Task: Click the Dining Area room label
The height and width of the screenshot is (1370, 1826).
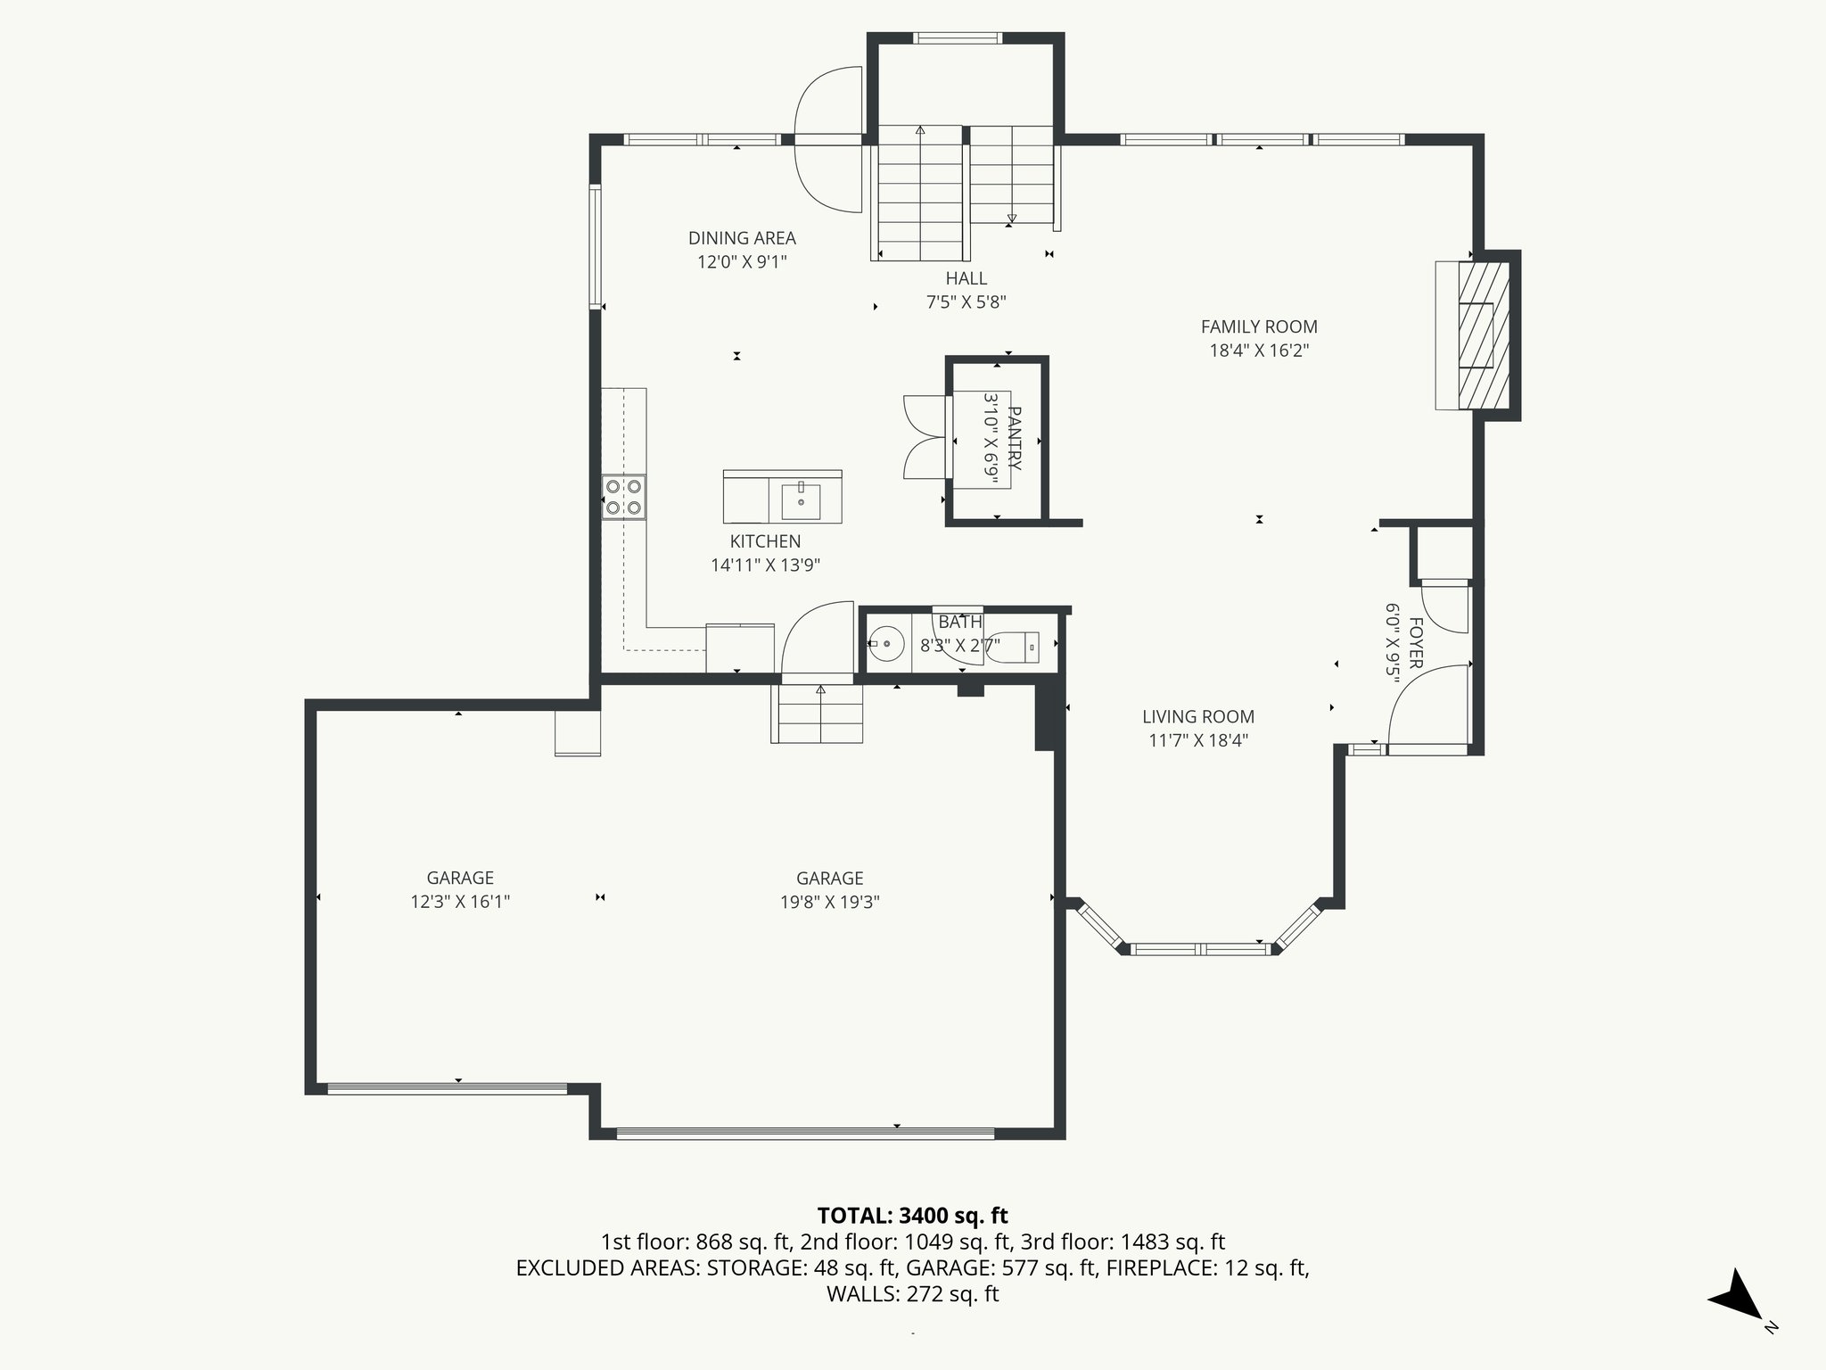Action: (x=742, y=238)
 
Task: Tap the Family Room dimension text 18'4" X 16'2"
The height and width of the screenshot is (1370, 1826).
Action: (x=1259, y=351)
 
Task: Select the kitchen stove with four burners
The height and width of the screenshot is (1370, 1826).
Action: (x=623, y=498)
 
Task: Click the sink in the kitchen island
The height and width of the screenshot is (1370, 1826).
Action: (x=801, y=501)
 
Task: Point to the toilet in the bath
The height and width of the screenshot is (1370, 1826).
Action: (x=1016, y=646)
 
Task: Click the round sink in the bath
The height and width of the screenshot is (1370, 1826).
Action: (x=886, y=643)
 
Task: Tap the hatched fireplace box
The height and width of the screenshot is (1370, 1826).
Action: (x=1482, y=335)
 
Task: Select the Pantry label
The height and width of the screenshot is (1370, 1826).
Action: (x=1015, y=439)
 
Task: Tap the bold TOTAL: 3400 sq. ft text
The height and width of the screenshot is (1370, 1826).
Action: (x=912, y=1216)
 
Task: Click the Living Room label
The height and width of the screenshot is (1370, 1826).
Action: (x=1198, y=716)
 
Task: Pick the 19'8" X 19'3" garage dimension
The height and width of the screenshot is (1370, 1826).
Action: (x=829, y=902)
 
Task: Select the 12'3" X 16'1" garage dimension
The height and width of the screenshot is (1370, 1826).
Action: (x=460, y=902)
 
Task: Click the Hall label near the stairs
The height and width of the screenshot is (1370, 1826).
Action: (x=966, y=278)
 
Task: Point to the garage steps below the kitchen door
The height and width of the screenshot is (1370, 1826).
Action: (x=818, y=713)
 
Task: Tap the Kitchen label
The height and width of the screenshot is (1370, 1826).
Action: (x=765, y=541)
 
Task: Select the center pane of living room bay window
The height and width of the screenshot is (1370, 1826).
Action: (x=1199, y=949)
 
